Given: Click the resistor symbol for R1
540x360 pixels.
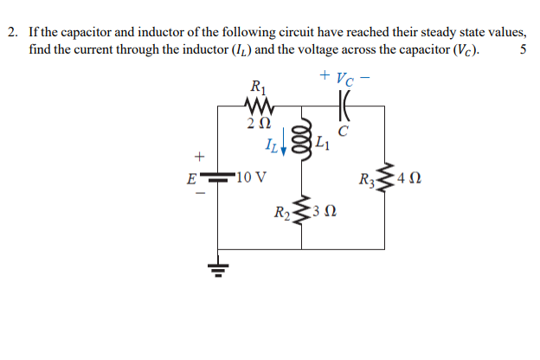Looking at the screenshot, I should (259, 106).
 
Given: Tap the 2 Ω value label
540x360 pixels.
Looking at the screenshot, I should (257, 124).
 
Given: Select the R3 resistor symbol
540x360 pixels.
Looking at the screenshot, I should (383, 181).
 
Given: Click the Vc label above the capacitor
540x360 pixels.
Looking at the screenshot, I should (346, 78).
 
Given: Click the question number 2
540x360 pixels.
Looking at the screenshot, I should (13, 32).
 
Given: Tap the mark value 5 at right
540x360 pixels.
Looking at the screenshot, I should (523, 48).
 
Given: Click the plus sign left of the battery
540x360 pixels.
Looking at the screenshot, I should (199, 158).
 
